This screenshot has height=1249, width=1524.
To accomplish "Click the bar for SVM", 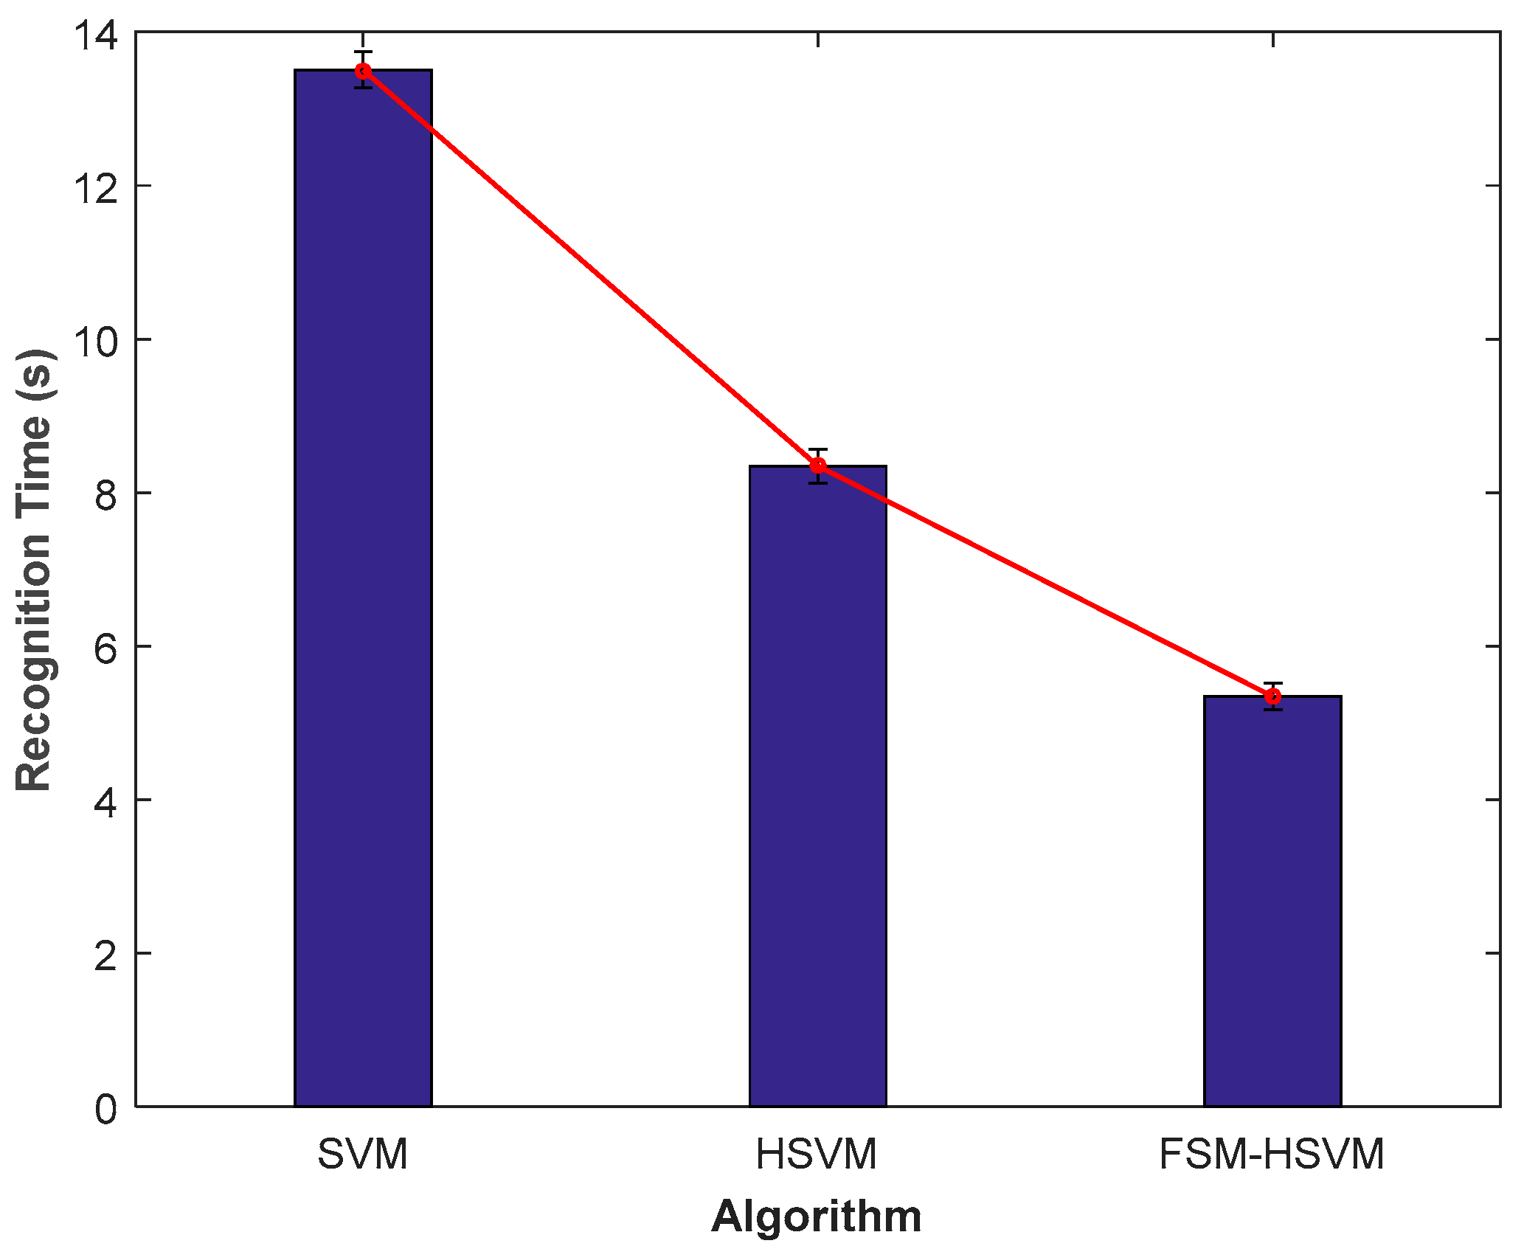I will [x=363, y=590].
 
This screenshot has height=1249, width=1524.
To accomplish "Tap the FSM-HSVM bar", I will [x=1272, y=900].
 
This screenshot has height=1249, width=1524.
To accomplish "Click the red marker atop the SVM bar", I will [x=363, y=71].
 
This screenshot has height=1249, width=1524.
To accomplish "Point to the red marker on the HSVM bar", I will [x=817, y=466].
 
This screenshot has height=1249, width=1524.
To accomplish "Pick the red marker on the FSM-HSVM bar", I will [x=1272, y=696].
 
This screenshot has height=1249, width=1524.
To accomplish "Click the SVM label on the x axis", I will [x=363, y=1155].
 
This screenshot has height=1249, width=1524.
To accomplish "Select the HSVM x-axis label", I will [x=817, y=1155].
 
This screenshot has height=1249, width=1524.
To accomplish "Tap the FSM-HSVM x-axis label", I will [x=1272, y=1155].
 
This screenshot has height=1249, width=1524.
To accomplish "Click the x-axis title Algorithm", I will [x=817, y=1217].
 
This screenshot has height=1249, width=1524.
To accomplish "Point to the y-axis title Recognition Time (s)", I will [x=34, y=570].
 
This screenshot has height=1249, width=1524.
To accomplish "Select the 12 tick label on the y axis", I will [x=95, y=188].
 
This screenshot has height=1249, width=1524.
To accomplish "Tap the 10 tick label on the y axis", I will [x=95, y=342].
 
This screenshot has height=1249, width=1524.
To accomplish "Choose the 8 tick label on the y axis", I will [x=106, y=495].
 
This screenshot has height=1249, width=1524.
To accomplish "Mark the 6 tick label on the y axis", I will [x=106, y=648].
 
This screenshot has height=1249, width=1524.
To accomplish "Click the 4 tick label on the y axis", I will [x=106, y=802].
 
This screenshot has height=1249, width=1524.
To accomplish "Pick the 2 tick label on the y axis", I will [x=106, y=955].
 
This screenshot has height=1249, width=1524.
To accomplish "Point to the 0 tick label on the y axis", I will [x=106, y=1109].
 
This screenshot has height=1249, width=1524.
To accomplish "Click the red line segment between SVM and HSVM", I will [x=590, y=268].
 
